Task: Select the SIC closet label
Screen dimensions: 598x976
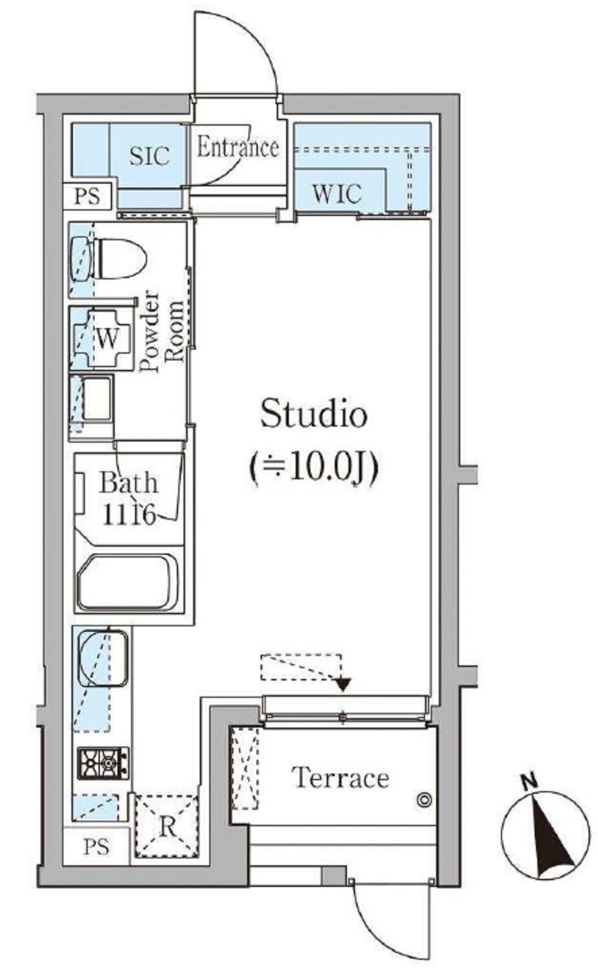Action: (149, 155)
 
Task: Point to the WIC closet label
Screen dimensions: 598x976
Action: (337, 193)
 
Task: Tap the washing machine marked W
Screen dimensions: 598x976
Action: (103, 337)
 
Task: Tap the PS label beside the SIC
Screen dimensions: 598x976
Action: (88, 196)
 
